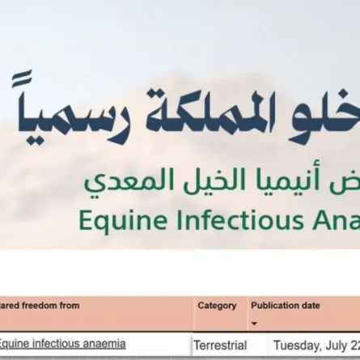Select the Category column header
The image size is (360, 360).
217,306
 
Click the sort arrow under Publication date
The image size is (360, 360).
255,321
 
